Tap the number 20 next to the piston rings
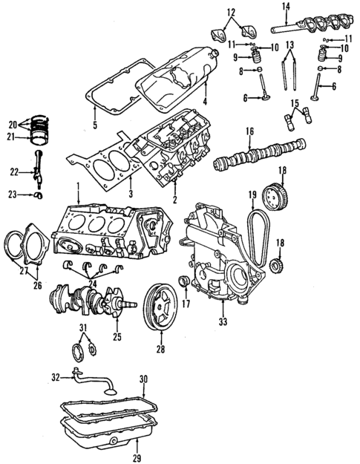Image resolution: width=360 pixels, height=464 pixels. pyautogui.click(x=11, y=124)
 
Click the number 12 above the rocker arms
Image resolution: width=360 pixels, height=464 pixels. pyautogui.click(x=231, y=12)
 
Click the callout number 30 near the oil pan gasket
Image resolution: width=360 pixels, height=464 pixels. pyautogui.click(x=143, y=379)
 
